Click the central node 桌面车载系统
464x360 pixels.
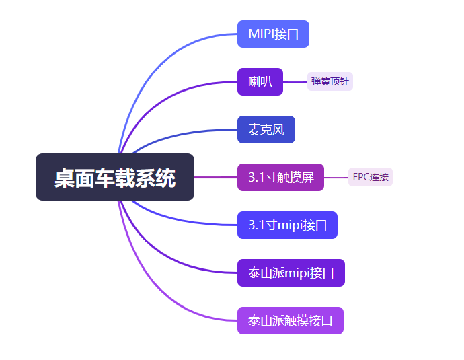pyautogui.click(x=115, y=177)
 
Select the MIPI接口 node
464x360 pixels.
pyautogui.click(x=273, y=34)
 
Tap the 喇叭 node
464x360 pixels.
pyautogui.click(x=260, y=82)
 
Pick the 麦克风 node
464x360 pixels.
pyautogui.click(x=266, y=130)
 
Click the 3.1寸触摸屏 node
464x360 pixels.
pyautogui.click(x=280, y=178)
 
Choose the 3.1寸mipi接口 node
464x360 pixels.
pyautogui.click(x=287, y=225)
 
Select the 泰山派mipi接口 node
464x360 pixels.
pyautogui.click(x=291, y=273)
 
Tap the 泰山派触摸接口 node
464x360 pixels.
pyautogui.click(x=291, y=321)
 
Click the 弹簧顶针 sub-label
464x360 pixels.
pyautogui.click(x=330, y=82)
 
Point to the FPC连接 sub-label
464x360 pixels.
pyautogui.click(x=371, y=178)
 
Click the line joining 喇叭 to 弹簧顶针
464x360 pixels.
pyautogui.click(x=295, y=82)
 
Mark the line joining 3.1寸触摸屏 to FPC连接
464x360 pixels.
pyautogui.click(x=336, y=178)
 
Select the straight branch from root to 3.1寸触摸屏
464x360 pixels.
pyautogui.click(x=215, y=178)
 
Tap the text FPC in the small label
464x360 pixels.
pyautogui.click(x=360, y=178)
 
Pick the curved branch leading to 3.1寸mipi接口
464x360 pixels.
pyautogui.click(x=175, y=220)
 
